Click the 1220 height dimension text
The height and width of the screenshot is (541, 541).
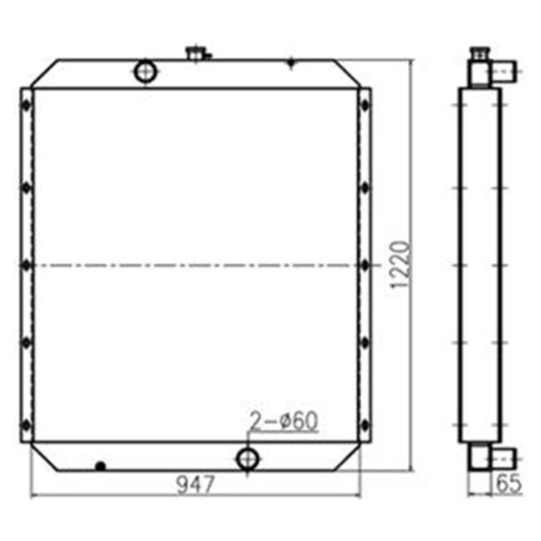point(400,265)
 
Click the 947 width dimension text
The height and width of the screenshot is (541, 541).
point(196,484)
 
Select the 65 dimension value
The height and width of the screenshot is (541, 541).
point(509,484)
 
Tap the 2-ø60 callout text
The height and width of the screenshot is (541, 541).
point(283,421)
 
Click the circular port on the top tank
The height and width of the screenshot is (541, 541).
point(146,72)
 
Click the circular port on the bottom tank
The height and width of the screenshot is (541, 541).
point(247,459)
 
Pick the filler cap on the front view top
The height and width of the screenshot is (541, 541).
point(197,54)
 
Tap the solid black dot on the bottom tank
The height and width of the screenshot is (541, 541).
point(101,466)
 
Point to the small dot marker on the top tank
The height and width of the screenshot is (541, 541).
point(290,62)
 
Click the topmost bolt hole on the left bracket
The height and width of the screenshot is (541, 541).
point(27,105)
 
